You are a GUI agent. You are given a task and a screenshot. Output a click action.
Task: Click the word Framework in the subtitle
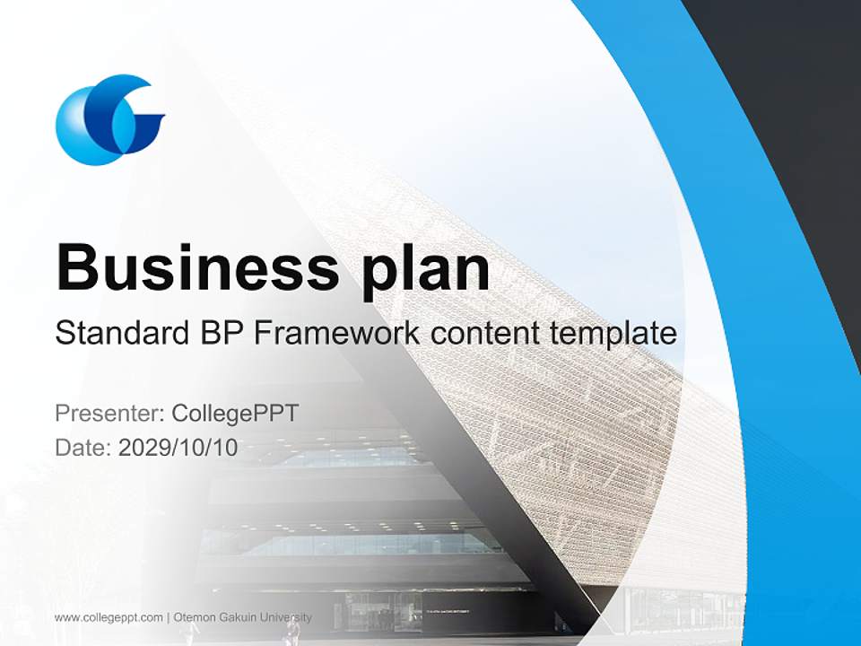(337, 333)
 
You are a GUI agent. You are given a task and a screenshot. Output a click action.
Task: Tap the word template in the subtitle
(609, 333)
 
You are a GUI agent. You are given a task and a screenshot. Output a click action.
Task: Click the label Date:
(83, 448)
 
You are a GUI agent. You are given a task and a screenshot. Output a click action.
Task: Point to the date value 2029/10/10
(178, 448)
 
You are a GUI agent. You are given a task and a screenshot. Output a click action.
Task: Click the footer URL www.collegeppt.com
(109, 617)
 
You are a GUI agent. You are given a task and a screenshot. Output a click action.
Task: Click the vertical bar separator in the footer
(169, 617)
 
